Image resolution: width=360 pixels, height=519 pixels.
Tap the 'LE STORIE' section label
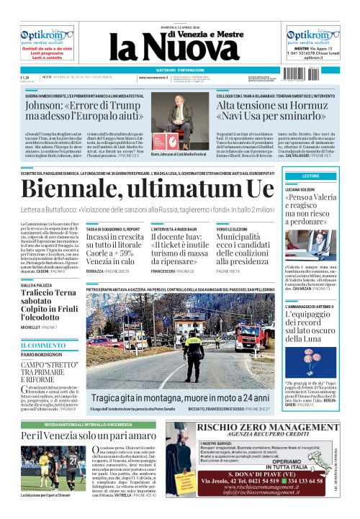311,176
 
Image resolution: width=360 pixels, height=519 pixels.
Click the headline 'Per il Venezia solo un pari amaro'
89,435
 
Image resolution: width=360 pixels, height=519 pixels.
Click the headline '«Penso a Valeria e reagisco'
311,208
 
